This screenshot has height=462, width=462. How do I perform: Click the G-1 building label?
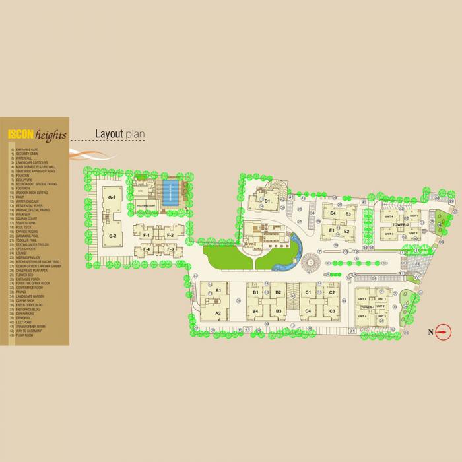pos(112,197)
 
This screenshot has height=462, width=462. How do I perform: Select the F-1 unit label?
pos(147,235)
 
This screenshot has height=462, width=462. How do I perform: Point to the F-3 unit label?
pos(170,249)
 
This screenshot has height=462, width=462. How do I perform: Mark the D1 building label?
pos(268,201)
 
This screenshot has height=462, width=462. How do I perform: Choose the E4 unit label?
pos(333,214)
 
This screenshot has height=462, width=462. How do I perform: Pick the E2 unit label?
pos(346,232)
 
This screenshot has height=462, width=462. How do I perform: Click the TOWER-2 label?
pos(400,225)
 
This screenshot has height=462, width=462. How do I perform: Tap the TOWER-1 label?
pos(368,308)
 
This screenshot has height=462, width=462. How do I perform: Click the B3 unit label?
pos(279,311)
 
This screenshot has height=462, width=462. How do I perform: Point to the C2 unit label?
pos(332,292)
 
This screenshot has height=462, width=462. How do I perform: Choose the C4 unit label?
pos(308,311)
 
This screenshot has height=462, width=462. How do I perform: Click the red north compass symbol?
pos(441,333)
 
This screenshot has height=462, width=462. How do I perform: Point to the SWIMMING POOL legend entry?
pos(28,236)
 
